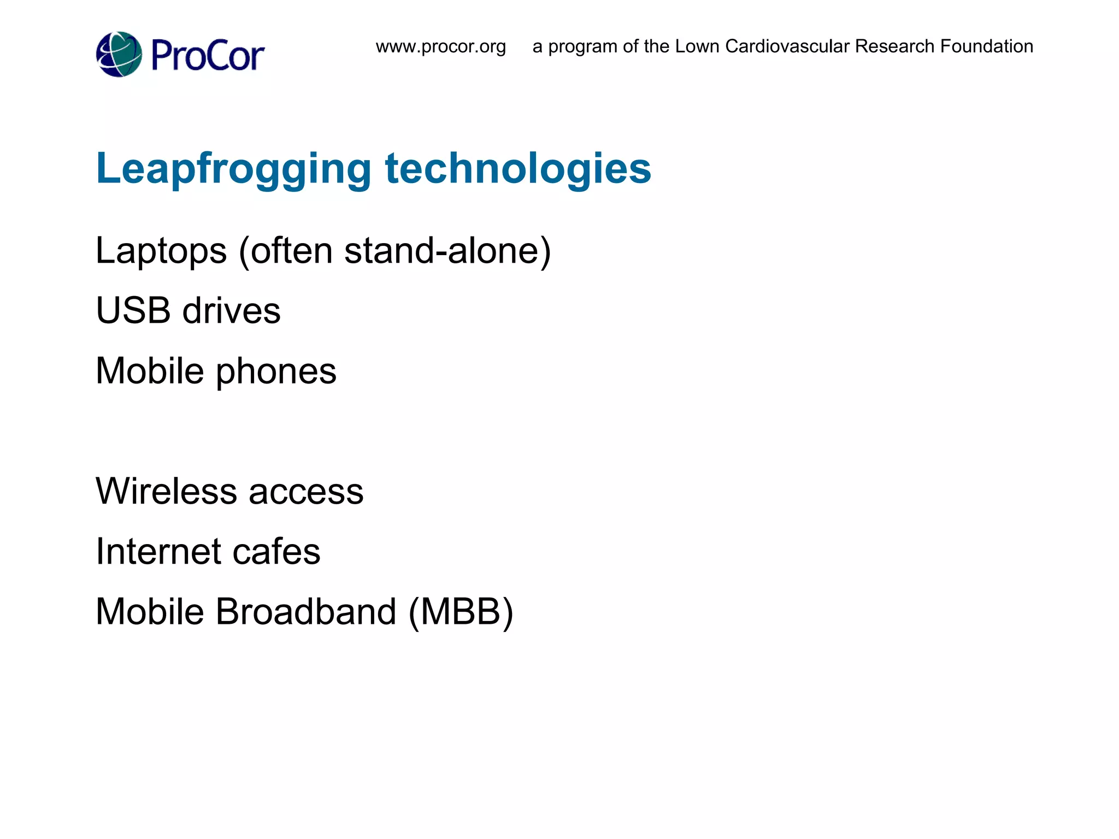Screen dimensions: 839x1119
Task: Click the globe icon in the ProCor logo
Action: point(119,55)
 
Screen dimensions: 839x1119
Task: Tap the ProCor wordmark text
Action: point(208,56)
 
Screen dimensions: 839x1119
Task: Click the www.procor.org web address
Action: point(440,46)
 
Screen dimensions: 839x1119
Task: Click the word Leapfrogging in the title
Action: point(234,169)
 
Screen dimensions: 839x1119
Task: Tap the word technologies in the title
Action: point(518,168)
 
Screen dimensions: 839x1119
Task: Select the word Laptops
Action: point(161,251)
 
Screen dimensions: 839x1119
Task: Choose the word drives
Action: point(231,310)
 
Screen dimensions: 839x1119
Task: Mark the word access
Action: point(306,492)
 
